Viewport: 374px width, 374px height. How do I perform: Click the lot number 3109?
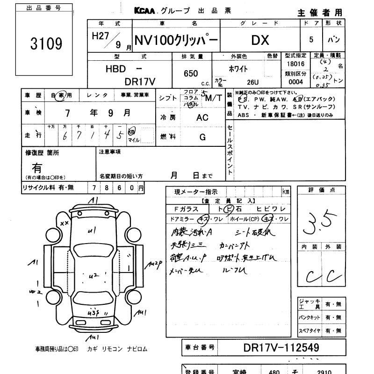pos(46,44)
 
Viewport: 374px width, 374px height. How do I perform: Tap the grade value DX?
pos(260,40)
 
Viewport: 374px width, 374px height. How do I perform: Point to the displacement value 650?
pos(191,73)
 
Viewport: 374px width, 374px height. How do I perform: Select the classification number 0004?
pos(295,82)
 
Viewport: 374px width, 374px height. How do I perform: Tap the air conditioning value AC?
pos(202,118)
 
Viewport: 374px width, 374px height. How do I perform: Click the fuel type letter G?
pos(202,137)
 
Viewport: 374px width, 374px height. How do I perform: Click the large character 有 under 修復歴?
pos(36,166)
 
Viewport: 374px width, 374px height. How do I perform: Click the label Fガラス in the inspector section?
pos(186,209)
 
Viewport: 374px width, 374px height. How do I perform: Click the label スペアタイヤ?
pos(309,331)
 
